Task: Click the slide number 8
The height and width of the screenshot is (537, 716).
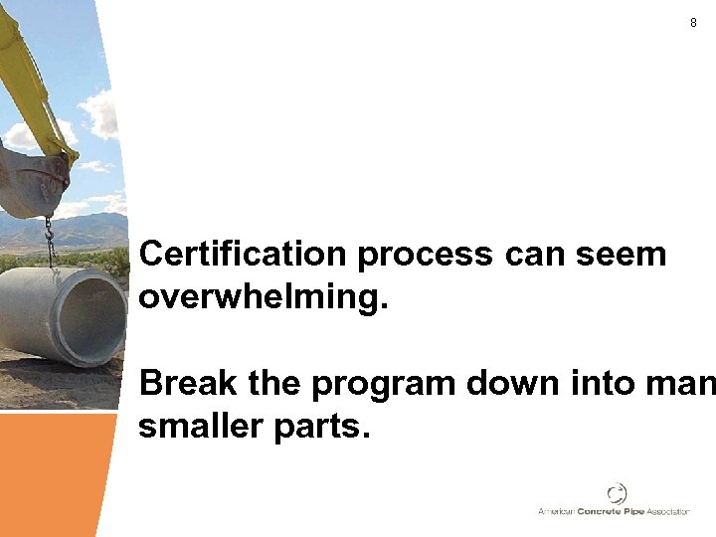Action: pyautogui.click(x=693, y=23)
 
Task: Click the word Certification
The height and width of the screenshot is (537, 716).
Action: pyautogui.click(x=244, y=254)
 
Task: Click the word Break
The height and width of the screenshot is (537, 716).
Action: pyautogui.click(x=189, y=383)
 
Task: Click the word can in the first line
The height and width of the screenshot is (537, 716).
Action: pyautogui.click(x=535, y=256)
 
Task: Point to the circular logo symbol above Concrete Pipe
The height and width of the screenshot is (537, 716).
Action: pyautogui.click(x=618, y=493)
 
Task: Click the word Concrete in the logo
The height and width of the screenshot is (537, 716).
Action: pyautogui.click(x=593, y=511)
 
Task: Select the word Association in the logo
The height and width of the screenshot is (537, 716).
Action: pyautogui.click(x=668, y=511)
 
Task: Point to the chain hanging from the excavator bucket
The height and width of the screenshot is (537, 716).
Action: pyautogui.click(x=48, y=242)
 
